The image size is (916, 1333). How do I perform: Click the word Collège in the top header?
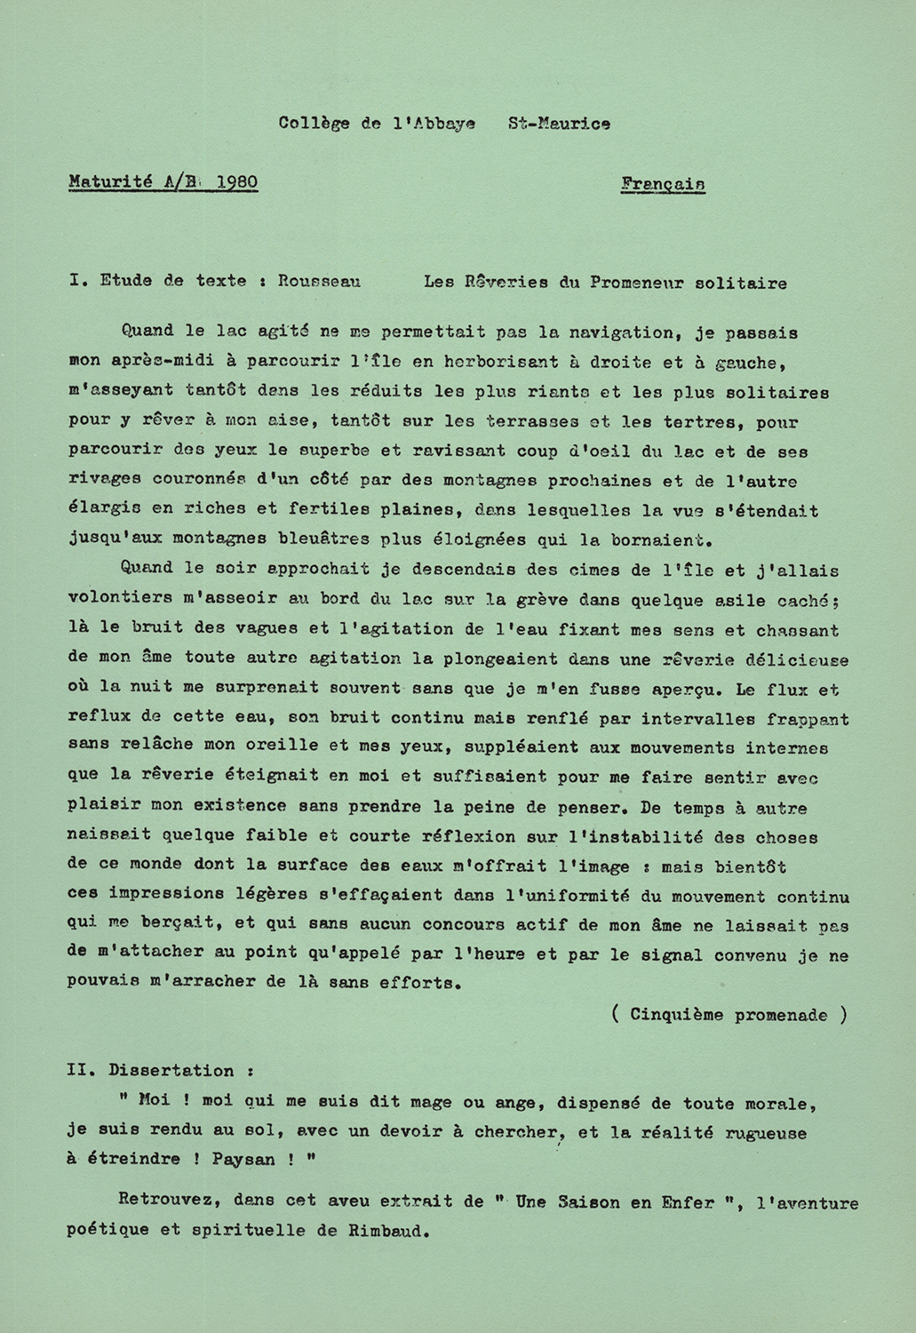[x=314, y=124]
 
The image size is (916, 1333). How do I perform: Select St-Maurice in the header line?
[x=559, y=124]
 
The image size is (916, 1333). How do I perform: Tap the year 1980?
[x=236, y=183]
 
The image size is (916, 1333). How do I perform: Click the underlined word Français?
[x=664, y=184]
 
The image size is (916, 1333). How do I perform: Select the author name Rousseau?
[x=319, y=282]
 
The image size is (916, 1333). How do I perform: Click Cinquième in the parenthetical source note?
[x=673, y=1015]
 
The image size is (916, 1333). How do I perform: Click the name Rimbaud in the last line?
[x=383, y=1233]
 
